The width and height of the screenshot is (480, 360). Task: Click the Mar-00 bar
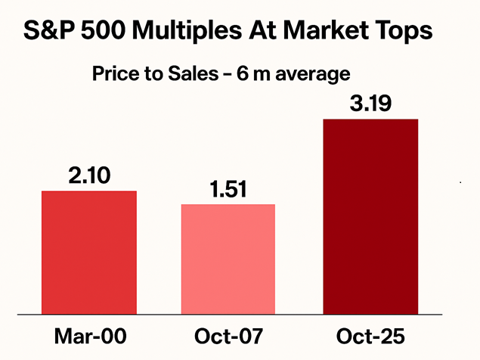[x=89, y=252]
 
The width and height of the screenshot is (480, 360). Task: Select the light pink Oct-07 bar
[x=228, y=259]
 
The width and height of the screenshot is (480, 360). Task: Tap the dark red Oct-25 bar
[x=370, y=216]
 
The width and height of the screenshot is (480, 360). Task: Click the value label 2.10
[x=89, y=176]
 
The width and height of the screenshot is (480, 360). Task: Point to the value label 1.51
[x=228, y=190]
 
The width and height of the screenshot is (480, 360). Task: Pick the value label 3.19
[x=370, y=103]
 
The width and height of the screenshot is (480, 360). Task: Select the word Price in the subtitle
[x=111, y=74]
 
